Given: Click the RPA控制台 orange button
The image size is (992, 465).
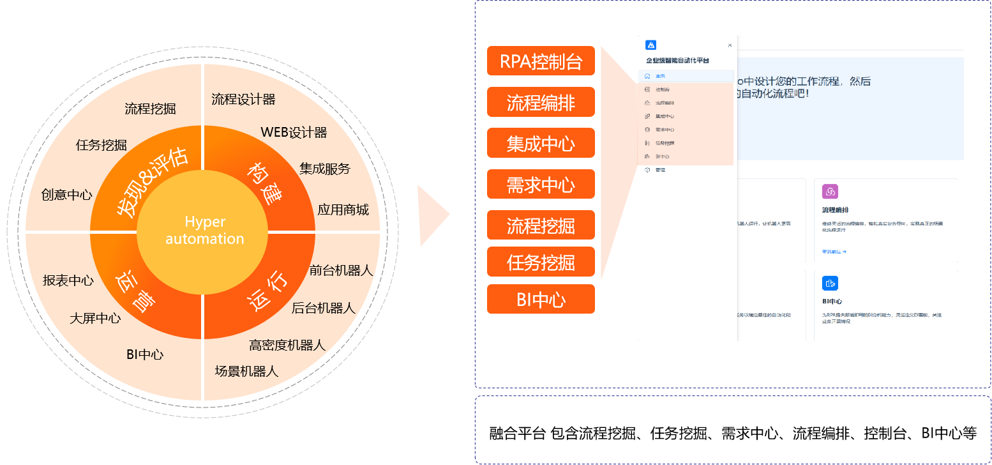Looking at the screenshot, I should (541, 61).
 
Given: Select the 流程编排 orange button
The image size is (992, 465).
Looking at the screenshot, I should (541, 102).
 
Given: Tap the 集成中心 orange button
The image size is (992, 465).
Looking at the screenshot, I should (541, 143).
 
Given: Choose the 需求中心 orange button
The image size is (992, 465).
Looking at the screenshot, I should (541, 185).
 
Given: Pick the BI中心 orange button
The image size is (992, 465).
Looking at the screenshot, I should (541, 299).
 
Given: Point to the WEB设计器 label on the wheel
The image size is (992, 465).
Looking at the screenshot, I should (294, 132).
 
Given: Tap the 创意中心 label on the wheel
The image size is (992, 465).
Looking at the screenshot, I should (67, 195).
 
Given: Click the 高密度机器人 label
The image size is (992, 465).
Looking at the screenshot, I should (287, 346).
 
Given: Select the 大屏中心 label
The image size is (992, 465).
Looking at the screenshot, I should (95, 318).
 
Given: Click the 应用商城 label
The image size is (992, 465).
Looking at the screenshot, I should (343, 210).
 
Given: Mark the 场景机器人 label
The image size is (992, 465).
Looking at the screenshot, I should (246, 371).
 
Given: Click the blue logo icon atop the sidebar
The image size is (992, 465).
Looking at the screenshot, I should (650, 45).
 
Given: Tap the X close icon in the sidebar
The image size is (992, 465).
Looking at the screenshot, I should (730, 45).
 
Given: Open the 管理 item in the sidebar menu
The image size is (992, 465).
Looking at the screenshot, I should (659, 170).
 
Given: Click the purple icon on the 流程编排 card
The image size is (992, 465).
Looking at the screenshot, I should (830, 192).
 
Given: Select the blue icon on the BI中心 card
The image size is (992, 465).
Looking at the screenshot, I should (830, 283).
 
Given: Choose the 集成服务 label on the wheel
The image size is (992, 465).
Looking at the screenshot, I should (325, 169).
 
